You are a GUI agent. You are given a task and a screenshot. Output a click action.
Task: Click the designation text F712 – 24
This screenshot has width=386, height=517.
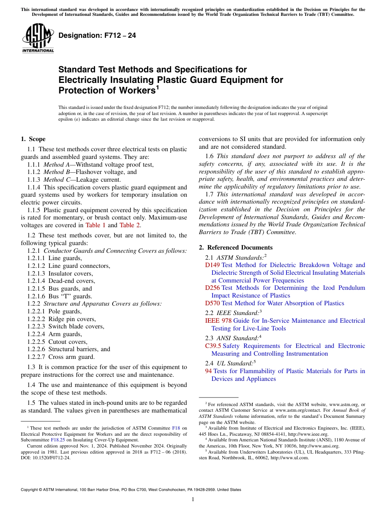tap(98, 35)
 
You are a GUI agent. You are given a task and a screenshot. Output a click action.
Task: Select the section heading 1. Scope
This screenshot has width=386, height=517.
tap(33, 139)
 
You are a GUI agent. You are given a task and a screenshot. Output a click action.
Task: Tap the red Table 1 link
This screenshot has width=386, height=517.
tap(95, 225)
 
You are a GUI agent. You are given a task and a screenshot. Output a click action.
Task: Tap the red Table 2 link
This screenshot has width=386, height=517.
tap(130, 225)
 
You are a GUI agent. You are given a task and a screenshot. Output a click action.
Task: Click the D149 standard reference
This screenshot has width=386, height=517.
tap(213, 265)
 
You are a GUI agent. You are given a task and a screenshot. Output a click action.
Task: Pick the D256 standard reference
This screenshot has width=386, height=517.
tap(213, 288)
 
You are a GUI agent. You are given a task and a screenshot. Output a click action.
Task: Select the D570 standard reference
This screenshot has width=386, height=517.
tap(213, 303)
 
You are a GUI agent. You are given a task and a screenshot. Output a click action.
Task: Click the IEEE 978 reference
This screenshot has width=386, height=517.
tap(219, 321)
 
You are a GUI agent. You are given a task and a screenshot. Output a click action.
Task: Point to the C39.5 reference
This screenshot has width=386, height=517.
tap(213, 346)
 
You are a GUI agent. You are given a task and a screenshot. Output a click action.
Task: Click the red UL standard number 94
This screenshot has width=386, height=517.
tap(208, 371)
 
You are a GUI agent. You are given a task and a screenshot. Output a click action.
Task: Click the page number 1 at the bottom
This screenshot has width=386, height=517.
tap(193, 499)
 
